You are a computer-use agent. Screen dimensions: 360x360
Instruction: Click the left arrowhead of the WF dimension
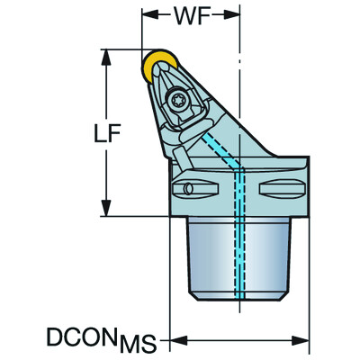coord(148,15)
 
